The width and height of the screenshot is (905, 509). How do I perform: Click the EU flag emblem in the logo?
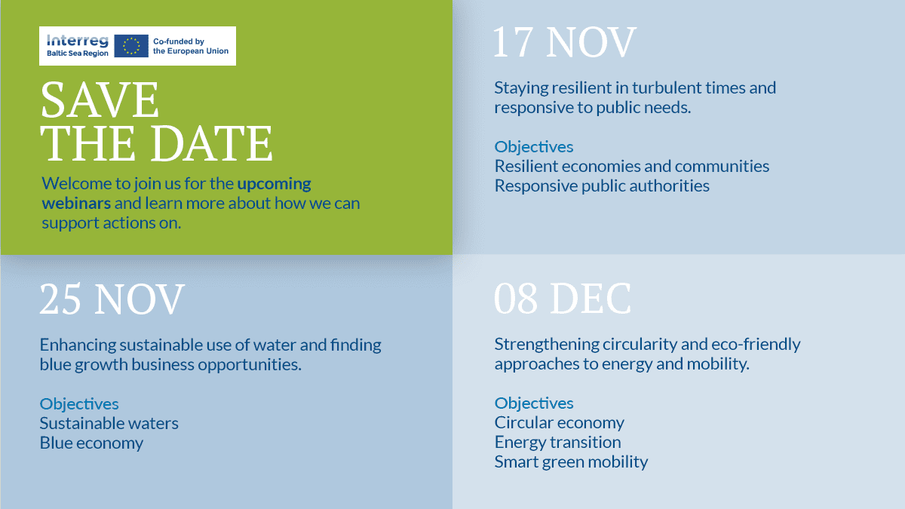131,46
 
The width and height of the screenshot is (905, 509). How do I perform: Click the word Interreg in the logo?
78,41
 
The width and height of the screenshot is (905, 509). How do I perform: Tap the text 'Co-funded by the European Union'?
191,46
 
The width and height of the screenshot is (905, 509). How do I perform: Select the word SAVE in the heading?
100,100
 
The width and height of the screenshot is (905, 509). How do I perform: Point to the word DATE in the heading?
212,143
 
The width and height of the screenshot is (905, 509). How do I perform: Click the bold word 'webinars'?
76,203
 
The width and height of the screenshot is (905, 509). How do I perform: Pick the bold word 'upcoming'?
274,184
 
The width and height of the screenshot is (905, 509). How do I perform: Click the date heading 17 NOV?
565,42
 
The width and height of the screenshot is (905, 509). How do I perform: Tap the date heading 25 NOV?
112,299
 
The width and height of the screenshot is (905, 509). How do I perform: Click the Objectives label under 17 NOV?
534,147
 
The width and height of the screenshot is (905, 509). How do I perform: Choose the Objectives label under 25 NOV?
79,404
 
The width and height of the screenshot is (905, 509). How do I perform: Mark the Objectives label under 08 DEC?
534,403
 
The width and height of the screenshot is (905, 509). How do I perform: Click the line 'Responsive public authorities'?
602,186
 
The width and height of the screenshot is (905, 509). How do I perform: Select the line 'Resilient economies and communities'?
632,167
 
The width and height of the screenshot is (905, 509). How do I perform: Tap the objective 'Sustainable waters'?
109,423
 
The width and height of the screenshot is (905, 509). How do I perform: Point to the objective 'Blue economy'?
91,443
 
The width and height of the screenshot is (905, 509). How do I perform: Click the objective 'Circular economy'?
559,423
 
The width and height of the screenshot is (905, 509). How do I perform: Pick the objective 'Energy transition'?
557,443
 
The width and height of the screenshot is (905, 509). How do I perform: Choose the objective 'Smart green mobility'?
571,462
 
